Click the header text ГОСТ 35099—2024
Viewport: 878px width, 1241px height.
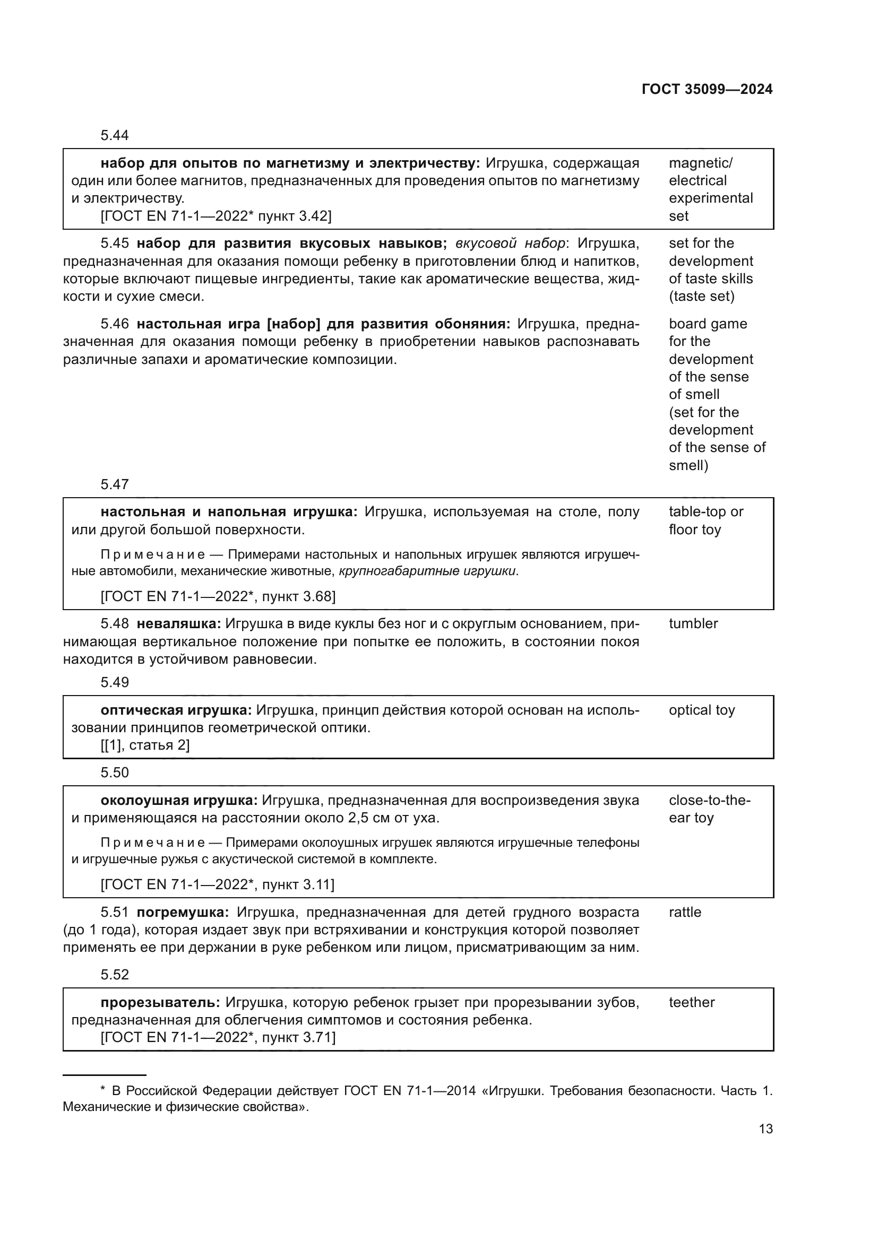707,90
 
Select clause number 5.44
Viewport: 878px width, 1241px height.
115,135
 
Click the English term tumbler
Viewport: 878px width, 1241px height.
693,624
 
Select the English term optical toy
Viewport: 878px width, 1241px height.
701,710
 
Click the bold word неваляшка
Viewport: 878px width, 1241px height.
178,624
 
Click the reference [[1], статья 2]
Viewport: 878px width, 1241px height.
145,745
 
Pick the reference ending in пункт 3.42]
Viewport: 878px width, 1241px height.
216,216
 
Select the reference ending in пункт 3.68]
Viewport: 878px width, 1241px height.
218,597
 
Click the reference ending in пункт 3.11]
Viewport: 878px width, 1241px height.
217,885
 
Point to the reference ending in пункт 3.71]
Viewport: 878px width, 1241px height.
218,1037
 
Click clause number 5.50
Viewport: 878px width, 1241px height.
115,773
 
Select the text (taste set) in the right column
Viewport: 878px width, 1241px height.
701,296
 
